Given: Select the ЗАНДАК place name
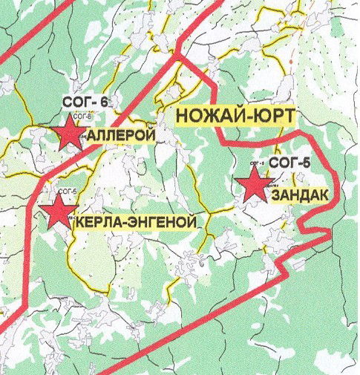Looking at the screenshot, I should point(300,195).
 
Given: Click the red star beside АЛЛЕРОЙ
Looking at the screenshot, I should point(70,134).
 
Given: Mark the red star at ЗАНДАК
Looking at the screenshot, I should point(254,184).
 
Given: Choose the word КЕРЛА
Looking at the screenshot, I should point(96,222).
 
